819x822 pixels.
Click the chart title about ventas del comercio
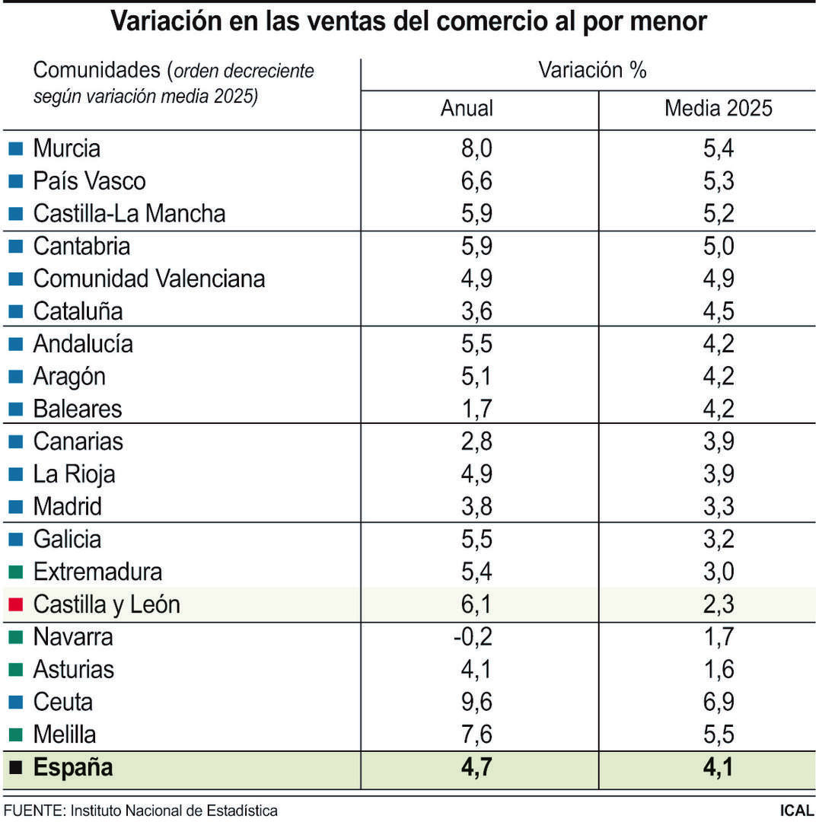[409, 21]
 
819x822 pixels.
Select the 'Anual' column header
[467, 108]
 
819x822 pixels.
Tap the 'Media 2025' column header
[718, 108]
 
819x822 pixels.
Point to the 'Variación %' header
[592, 71]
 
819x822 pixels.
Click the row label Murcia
[66, 148]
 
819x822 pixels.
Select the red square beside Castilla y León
[16, 605]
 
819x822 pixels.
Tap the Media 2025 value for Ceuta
[718, 702]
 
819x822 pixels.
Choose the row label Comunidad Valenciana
[148, 279]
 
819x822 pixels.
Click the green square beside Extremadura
[16, 572]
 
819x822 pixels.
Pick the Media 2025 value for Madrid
[718, 506]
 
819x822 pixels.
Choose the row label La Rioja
[74, 474]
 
